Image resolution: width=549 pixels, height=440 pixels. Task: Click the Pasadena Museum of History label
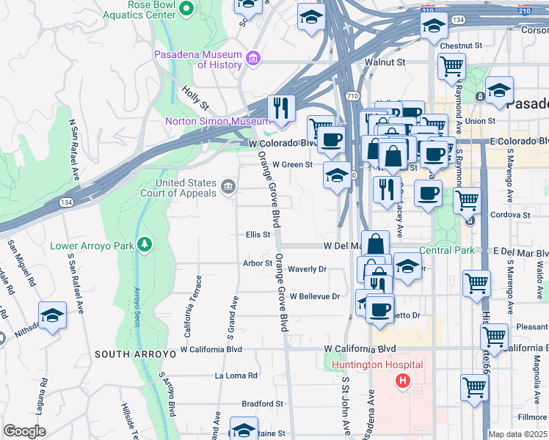(198, 59)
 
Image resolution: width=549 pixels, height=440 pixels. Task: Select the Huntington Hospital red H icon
(402, 380)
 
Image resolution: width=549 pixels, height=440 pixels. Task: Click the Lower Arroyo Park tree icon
(146, 243)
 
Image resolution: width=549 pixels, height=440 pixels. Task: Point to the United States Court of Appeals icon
(228, 188)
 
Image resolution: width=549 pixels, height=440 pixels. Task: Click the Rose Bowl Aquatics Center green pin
(186, 9)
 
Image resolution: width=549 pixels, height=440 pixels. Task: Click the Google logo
(24, 431)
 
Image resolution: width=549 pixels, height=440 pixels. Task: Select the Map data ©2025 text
(518, 434)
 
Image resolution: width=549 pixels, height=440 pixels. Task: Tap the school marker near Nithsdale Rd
(53, 316)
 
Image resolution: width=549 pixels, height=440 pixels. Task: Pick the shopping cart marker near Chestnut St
(451, 67)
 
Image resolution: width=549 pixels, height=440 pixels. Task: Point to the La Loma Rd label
(236, 375)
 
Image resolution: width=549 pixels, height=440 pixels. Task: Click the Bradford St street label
(262, 403)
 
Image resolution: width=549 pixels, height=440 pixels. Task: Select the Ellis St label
(258, 235)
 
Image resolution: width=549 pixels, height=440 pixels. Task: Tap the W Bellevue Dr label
(315, 297)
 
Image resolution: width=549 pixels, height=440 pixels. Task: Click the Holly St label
(195, 95)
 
